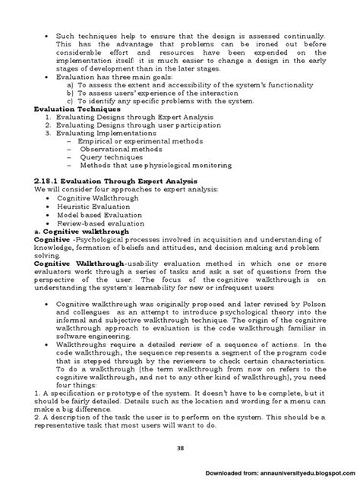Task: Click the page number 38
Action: click(x=180, y=448)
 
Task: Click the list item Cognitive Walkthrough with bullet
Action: click(x=93, y=197)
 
